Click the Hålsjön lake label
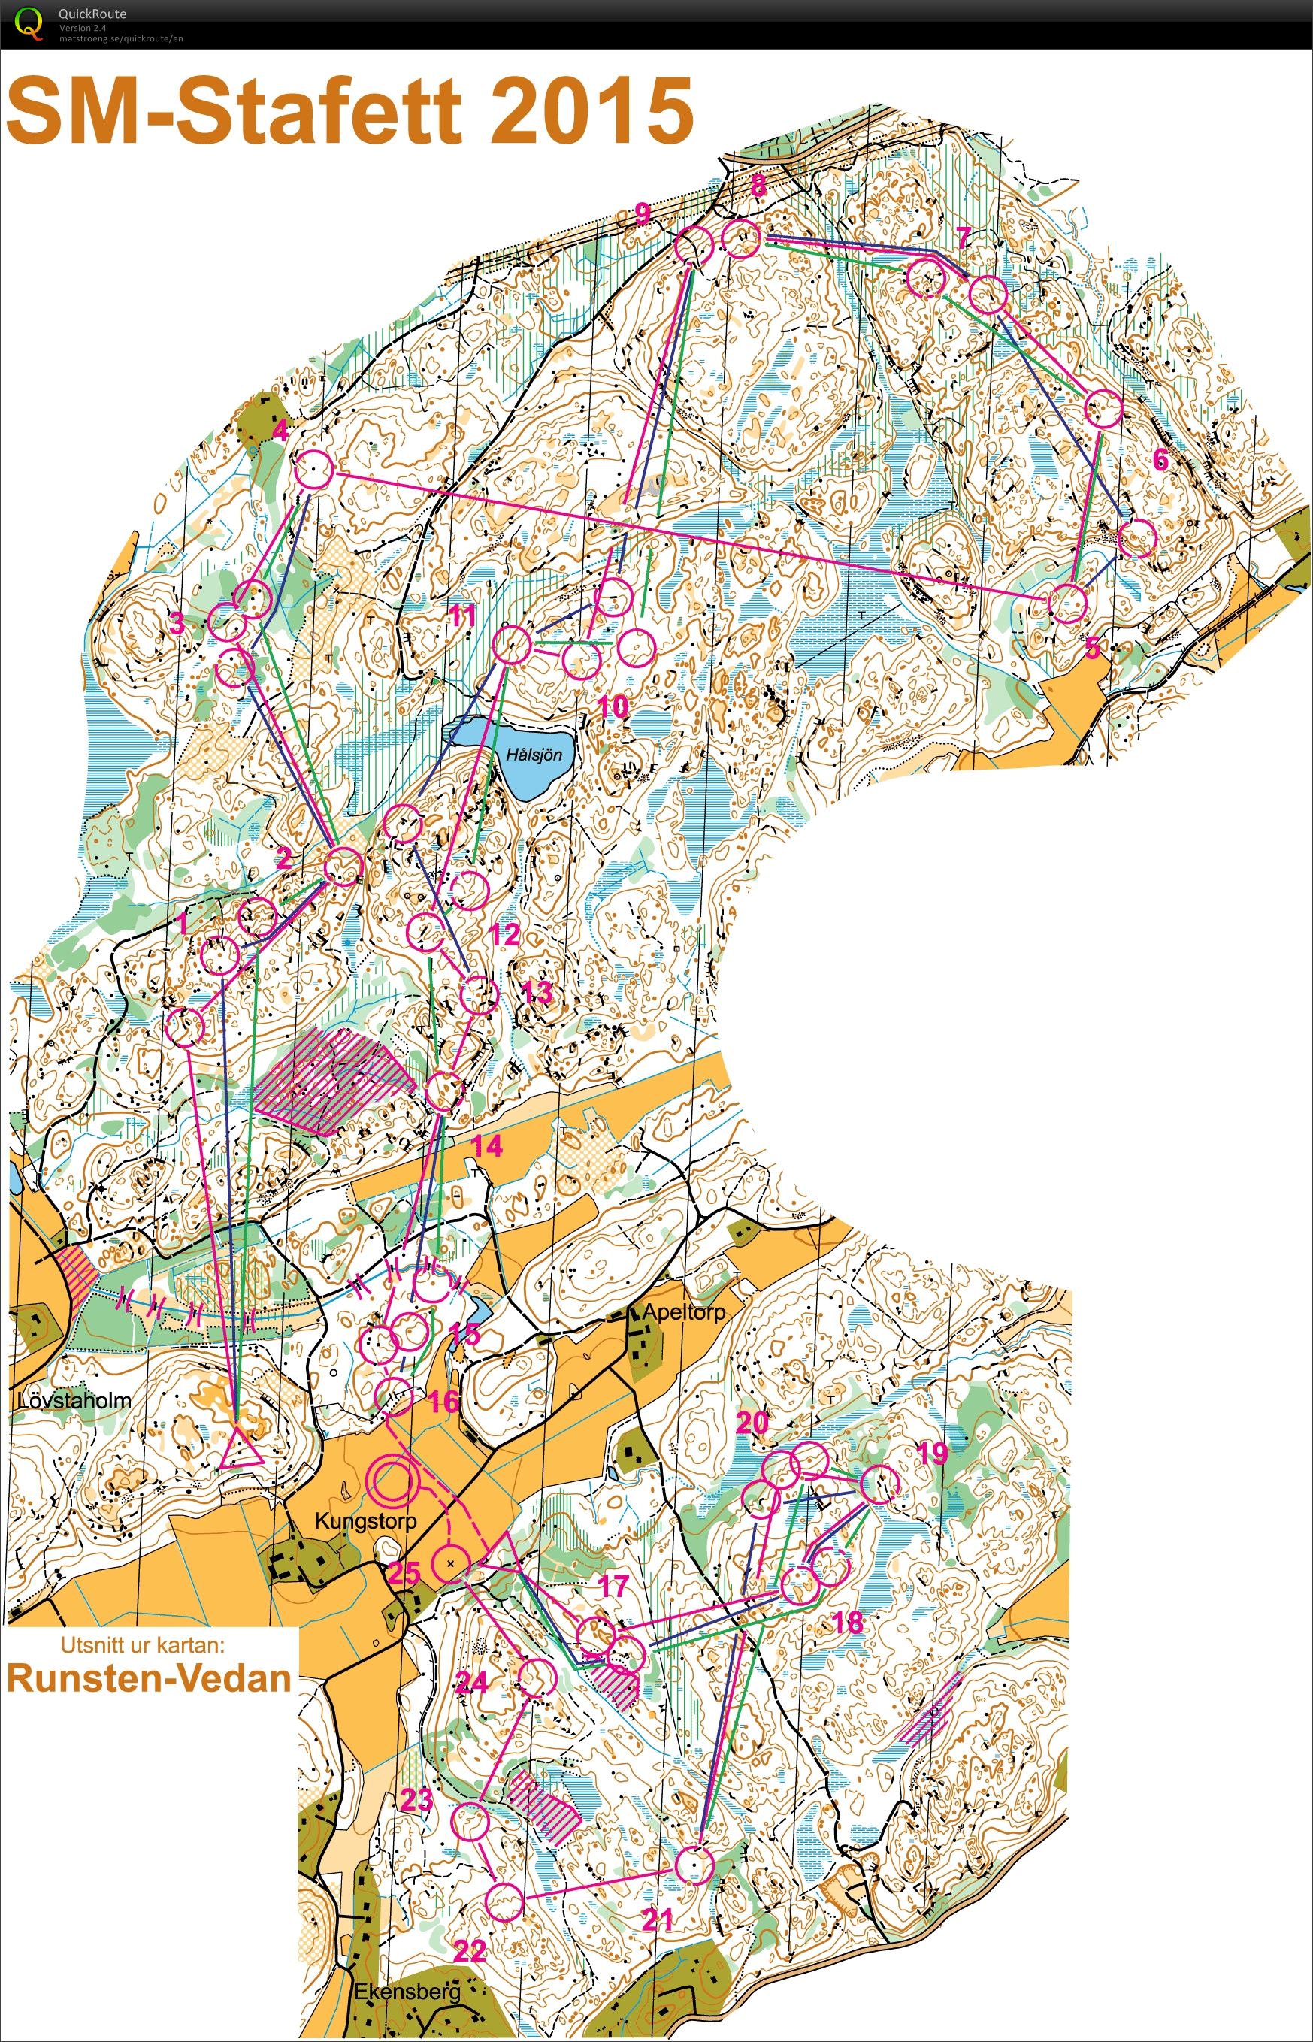pos(534,755)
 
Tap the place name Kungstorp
pos(366,1520)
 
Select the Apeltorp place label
pos(683,1312)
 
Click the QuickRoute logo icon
pos(27,23)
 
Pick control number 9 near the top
pos(643,214)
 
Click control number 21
pos(658,1919)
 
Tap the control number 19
pos(931,1452)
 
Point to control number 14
pos(487,1146)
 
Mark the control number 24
pos(471,1681)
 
